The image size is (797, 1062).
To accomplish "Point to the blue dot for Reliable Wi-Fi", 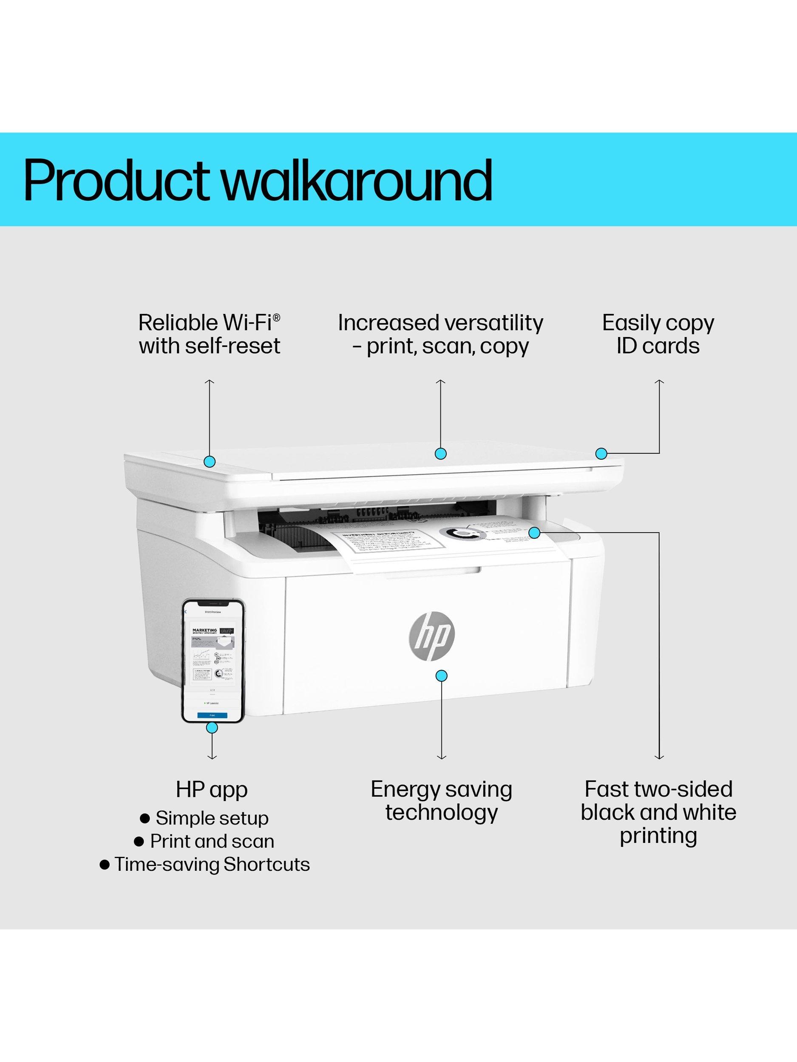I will coord(209,461).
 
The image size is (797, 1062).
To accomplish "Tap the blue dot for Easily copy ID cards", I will coord(601,453).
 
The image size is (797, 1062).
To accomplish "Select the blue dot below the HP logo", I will coord(441,676).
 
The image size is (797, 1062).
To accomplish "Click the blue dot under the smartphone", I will coord(211,741).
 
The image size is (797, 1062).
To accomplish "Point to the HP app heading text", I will coord(211,790).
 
